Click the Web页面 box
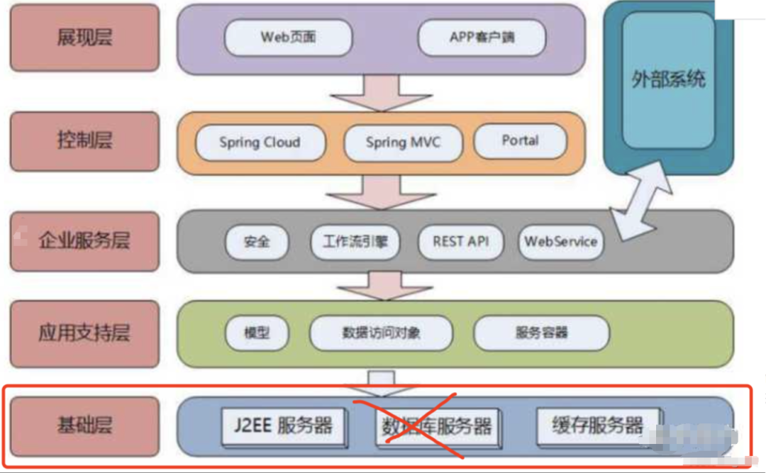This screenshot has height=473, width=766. (x=288, y=38)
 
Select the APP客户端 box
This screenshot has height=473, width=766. (x=482, y=38)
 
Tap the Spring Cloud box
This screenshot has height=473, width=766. (x=260, y=143)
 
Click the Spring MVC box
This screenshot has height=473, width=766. (x=403, y=143)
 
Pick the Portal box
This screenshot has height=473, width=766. (x=520, y=141)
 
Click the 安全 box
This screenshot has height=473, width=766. (x=257, y=242)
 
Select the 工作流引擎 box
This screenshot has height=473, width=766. (x=355, y=242)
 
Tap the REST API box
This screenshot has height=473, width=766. (x=460, y=242)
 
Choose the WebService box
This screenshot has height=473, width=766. (x=560, y=242)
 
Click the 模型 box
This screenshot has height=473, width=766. (x=257, y=332)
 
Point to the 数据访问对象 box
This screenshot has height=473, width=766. (x=381, y=332)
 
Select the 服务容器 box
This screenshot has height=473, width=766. (x=541, y=332)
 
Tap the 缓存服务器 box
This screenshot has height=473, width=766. (x=598, y=425)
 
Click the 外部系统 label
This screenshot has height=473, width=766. (x=668, y=79)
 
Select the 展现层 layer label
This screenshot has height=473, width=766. (x=84, y=38)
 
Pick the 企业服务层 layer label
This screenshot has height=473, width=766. (x=84, y=241)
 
